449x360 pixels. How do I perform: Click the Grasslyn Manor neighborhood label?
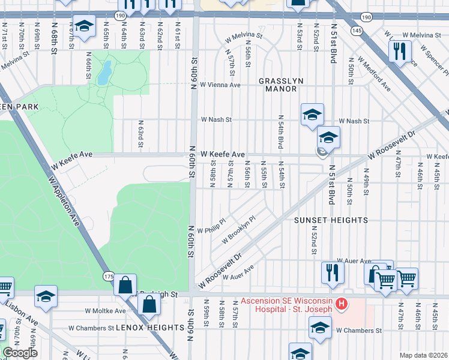pyautogui.click(x=278, y=85)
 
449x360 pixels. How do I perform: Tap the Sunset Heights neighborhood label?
pyautogui.click(x=330, y=220)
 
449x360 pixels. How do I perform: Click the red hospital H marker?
pyautogui.click(x=342, y=304)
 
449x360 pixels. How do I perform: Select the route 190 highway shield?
pyautogui.click(x=120, y=14)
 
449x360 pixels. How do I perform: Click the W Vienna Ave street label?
pyautogui.click(x=220, y=85)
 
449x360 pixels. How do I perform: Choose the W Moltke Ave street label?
pyautogui.click(x=105, y=311)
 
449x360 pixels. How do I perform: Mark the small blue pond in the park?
pyautogui.click(x=104, y=73)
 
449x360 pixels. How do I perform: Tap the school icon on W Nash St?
pyautogui.click(x=312, y=114)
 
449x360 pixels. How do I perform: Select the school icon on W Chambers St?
pyautogui.click(x=320, y=328)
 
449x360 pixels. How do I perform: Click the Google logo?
pyautogui.click(x=20, y=353)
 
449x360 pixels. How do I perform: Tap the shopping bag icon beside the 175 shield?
pyautogui.click(x=125, y=285)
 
